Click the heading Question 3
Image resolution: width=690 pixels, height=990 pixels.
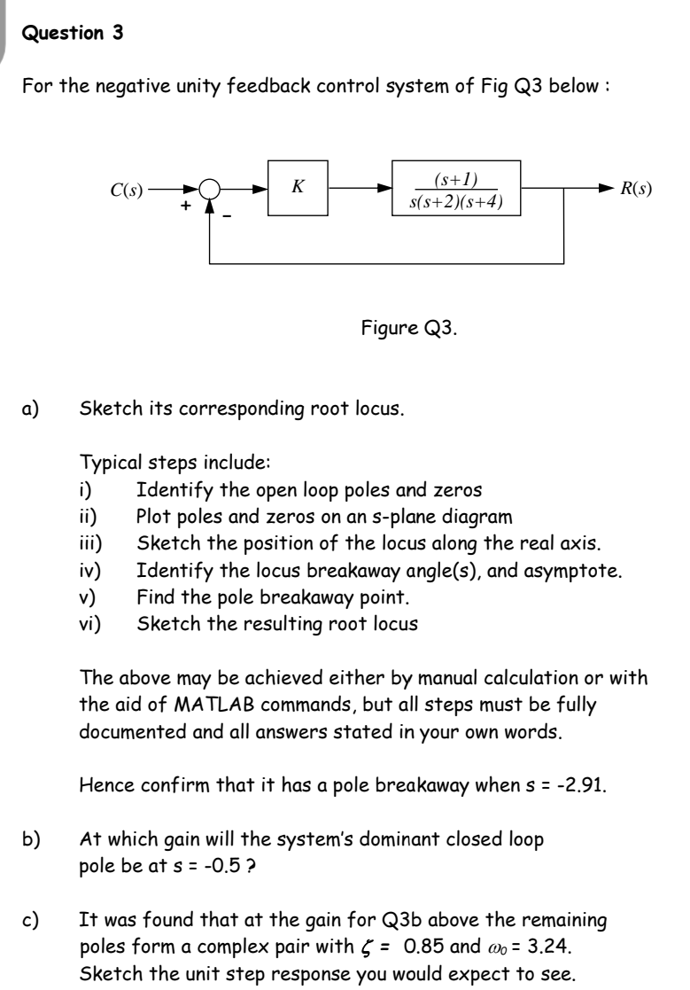point(72,35)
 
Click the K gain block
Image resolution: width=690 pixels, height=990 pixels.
point(298,189)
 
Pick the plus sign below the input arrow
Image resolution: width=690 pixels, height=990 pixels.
point(186,205)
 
